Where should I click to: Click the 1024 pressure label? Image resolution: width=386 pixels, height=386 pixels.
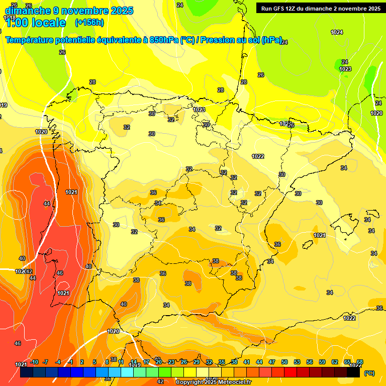tap(337, 32)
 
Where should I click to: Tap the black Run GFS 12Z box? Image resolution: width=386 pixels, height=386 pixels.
tap(319, 9)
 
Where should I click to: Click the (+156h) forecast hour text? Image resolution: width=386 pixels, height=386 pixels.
tap(89, 22)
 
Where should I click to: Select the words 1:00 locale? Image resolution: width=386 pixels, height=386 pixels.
tap(35, 23)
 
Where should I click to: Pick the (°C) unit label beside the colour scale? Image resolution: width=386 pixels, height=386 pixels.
tap(369, 373)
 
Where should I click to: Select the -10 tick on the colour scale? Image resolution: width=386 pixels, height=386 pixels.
tap(35, 362)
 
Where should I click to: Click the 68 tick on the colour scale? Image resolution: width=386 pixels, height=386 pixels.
tap(360, 362)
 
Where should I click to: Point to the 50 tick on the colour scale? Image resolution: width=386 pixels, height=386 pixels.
tap(284, 362)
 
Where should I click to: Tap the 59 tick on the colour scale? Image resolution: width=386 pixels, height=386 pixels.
tap(322, 362)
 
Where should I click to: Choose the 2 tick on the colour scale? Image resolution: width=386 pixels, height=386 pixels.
tap(82, 362)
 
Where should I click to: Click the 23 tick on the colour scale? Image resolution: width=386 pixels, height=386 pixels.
tap(171, 362)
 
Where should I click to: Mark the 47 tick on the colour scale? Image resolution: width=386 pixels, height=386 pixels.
tap(272, 362)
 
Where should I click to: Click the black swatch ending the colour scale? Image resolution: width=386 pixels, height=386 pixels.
tap(353, 372)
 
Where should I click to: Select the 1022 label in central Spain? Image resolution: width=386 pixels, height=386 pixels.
tap(258, 156)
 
